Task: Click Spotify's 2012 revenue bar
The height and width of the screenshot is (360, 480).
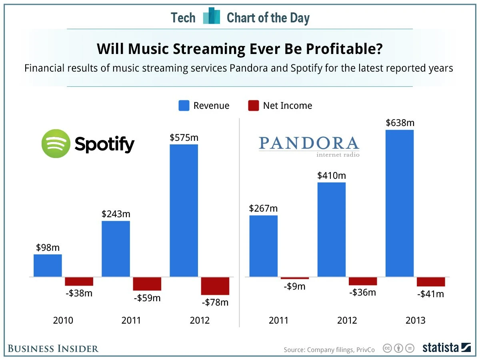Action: (184, 210)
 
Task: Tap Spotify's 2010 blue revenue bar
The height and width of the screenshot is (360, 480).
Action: (48, 265)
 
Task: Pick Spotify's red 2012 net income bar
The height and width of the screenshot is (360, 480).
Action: (215, 286)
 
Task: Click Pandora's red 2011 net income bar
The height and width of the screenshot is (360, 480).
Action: (295, 278)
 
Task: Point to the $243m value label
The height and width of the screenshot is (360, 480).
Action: (116, 214)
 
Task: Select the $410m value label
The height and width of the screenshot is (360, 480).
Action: (332, 175)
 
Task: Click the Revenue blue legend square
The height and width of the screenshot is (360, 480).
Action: (184, 106)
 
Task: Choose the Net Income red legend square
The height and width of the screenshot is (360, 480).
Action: (254, 106)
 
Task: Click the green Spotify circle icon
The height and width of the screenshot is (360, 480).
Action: (56, 144)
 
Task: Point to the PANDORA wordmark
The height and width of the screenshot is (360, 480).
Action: (309, 143)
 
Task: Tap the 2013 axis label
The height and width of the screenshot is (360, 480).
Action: (415, 320)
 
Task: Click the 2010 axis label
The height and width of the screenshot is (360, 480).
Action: (63, 320)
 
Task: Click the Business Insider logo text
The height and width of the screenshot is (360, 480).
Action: (53, 348)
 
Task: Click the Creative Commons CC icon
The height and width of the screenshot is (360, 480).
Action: (387, 348)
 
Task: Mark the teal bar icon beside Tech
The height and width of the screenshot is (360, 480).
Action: (212, 17)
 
